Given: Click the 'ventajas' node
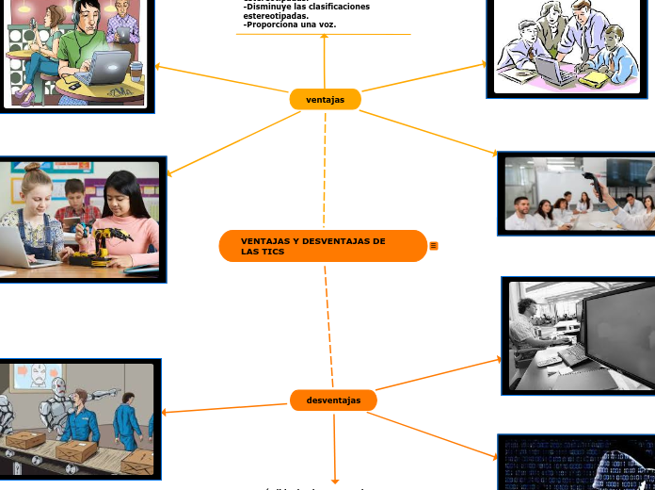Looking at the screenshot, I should pyautogui.click(x=326, y=100).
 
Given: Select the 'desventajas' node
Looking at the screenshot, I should pyautogui.click(x=333, y=400).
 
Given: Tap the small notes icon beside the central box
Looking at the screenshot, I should pyautogui.click(x=434, y=246).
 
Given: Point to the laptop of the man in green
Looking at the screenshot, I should pyautogui.click(x=106, y=68).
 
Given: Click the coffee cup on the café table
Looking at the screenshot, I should pyautogui.click(x=136, y=72).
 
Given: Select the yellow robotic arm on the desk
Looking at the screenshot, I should pyautogui.click(x=104, y=241).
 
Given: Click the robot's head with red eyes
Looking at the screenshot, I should pyautogui.click(x=58, y=386).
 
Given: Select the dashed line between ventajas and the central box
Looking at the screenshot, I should pyautogui.click(x=325, y=170).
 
